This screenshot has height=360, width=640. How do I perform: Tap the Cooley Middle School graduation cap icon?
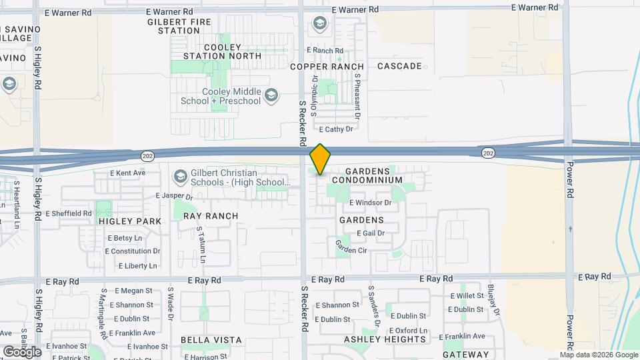click(x=271, y=95)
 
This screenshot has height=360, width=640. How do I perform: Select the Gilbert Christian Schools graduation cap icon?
click(x=179, y=177)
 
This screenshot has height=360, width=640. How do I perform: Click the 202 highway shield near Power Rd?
click(x=489, y=153)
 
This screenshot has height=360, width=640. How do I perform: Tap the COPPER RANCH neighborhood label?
click(x=327, y=67)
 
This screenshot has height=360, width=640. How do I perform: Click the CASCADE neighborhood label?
click(x=399, y=66)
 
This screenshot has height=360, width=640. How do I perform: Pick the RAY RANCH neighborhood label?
click(x=211, y=216)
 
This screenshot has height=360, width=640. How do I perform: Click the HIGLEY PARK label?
click(x=130, y=221)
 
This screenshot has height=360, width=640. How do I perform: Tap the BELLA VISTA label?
click(x=211, y=340)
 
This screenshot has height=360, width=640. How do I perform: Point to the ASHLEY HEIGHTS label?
click(x=385, y=339)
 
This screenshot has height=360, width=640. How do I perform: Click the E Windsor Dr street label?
click(x=370, y=203)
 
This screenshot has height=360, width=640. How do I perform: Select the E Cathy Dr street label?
click(x=336, y=129)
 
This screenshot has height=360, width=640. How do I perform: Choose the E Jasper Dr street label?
click(x=173, y=197)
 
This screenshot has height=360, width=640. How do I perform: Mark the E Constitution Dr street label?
click(x=133, y=251)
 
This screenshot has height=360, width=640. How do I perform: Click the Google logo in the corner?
click(x=21, y=351)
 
